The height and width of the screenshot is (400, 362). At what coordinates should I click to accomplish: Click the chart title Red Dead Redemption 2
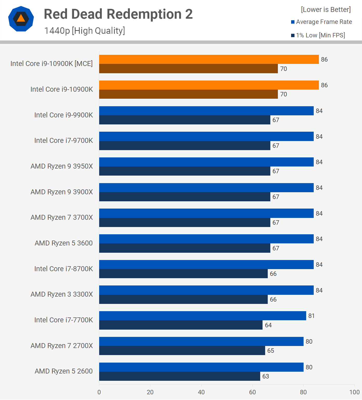coord(118,14)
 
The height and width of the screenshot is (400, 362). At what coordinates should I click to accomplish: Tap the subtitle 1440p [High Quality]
coord(84,31)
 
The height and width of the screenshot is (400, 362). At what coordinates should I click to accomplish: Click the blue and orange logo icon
coord(21,19)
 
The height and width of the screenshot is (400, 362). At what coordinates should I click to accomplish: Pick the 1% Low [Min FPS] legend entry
coord(318,35)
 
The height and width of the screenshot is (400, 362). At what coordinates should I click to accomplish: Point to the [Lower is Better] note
coord(326,10)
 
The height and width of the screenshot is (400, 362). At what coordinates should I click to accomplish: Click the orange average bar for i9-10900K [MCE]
coord(209,59)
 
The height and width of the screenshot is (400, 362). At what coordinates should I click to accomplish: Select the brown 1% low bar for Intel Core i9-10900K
coord(188,94)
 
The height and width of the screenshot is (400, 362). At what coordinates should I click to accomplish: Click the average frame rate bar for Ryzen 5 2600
coord(201,367)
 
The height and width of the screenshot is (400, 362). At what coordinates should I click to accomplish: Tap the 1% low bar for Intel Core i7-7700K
coord(181,325)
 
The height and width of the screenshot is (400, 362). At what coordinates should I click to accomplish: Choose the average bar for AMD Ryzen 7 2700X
coord(201,341)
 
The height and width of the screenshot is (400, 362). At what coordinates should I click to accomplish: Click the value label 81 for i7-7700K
coord(311,316)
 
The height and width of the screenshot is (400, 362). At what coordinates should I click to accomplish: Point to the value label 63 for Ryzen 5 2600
coord(266,376)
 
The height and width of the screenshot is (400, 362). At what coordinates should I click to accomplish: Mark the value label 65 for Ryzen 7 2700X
coord(271,351)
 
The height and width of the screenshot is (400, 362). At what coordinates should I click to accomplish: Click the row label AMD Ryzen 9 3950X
coord(62,166)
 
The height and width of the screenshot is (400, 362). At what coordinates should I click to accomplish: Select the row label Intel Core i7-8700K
coord(63,269)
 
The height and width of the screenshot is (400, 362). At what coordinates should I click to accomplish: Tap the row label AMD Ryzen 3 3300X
coord(62,294)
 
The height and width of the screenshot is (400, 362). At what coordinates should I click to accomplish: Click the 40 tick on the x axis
coord(201,392)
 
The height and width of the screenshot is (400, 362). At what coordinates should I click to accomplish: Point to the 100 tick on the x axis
coord(354,392)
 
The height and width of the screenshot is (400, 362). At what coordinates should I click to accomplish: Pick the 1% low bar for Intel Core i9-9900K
coord(185,120)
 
